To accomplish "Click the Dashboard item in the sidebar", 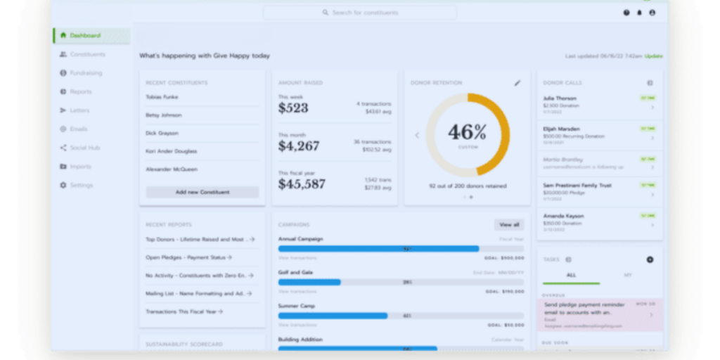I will point(85,36).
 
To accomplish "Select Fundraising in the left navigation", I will point(86,73).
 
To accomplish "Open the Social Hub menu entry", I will point(85,148).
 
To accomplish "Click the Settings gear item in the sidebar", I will point(81,185).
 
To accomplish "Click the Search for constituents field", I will point(359,13).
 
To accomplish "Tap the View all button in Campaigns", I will point(508,225).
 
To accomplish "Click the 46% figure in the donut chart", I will point(467,131).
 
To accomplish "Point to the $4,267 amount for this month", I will point(299,146).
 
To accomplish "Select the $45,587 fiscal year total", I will point(302,184).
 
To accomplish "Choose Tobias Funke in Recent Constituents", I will point(162,96).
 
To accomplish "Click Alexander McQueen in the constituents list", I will point(172,169).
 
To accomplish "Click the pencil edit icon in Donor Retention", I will point(517,83).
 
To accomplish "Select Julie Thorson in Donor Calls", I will point(560,98).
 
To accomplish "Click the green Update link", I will point(654,56).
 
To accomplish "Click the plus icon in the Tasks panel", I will point(650,259).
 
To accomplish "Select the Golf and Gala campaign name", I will point(295,272).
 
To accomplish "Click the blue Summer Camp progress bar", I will point(333,316).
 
